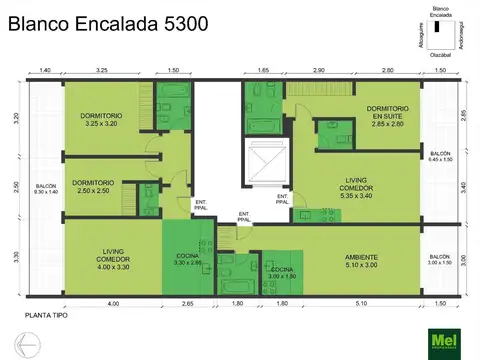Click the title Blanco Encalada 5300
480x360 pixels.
tap(108, 23)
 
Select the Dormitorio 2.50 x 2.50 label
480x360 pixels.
tap(93, 186)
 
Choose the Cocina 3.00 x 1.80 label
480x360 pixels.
tap(282, 272)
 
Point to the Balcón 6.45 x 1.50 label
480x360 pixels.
tap(440, 157)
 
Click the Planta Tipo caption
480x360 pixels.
tap(46, 314)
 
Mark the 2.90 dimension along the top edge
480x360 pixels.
tap(318, 72)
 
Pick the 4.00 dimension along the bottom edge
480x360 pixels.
tap(112, 302)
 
